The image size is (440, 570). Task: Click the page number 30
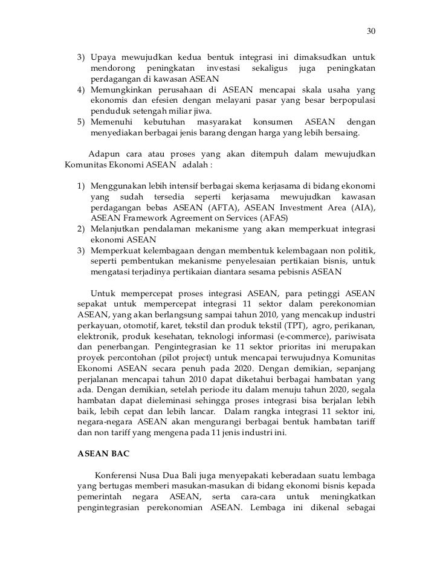371,31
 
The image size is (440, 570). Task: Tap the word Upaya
105,58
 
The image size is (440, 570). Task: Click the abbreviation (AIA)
360,207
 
